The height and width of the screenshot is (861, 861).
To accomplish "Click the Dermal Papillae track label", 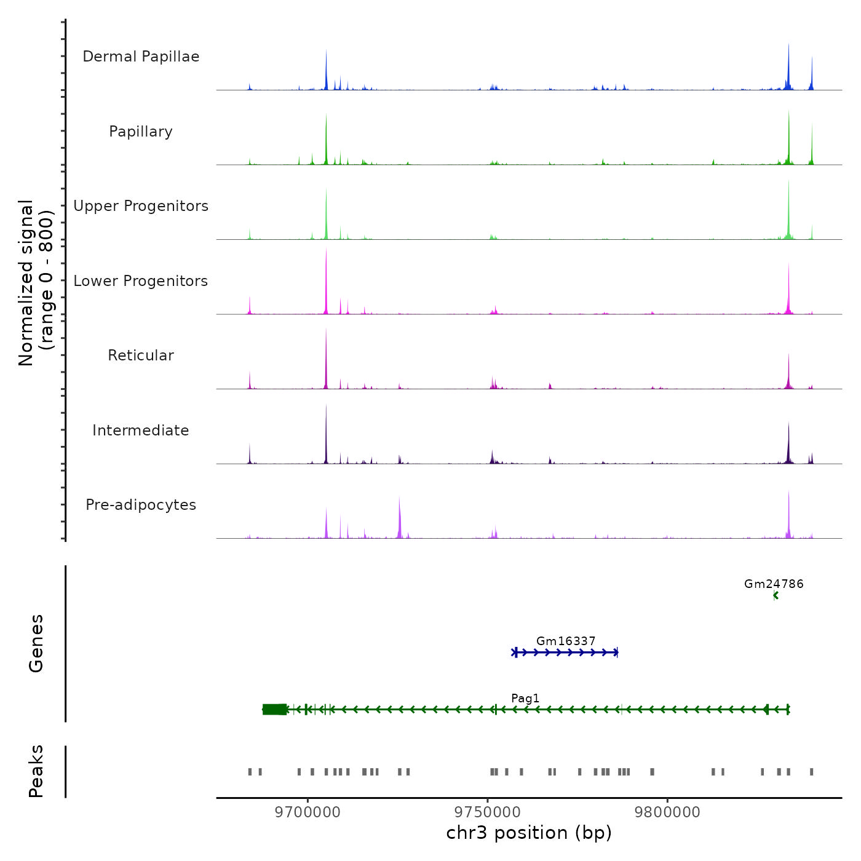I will (141, 57).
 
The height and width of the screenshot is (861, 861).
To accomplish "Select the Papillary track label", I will (141, 132).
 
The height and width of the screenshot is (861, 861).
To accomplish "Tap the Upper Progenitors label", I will (141, 206).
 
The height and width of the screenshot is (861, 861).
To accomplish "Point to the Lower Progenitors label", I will (141, 281).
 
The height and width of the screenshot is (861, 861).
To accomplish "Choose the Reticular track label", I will (141, 355).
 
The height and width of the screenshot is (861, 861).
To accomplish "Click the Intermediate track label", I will (141, 430).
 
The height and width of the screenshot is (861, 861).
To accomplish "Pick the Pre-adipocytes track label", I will (141, 505).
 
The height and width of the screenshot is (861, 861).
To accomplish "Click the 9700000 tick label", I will (307, 812).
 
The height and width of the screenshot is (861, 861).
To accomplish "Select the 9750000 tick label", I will (488, 812).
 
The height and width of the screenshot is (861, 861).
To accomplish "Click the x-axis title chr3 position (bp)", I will (529, 833).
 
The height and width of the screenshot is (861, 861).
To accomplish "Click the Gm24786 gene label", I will (774, 584).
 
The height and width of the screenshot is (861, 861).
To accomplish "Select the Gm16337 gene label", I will (566, 641).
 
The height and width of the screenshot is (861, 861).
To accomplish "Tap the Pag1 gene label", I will (525, 699).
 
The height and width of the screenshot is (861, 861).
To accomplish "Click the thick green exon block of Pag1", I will (274, 710).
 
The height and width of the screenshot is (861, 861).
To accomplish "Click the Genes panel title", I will (36, 643).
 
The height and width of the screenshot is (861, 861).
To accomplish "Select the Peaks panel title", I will (36, 771).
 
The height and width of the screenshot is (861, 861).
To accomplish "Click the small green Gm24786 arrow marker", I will (776, 595).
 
